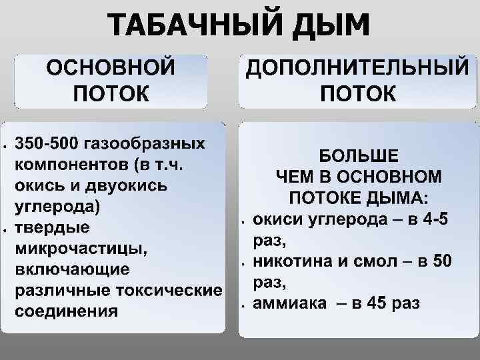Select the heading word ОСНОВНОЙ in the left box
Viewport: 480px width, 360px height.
(x=111, y=69)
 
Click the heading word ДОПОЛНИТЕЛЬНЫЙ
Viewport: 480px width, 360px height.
(x=357, y=69)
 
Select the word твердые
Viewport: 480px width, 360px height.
(x=53, y=227)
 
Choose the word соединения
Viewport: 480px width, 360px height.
(x=66, y=311)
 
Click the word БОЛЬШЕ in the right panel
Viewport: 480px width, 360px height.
(x=358, y=157)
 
